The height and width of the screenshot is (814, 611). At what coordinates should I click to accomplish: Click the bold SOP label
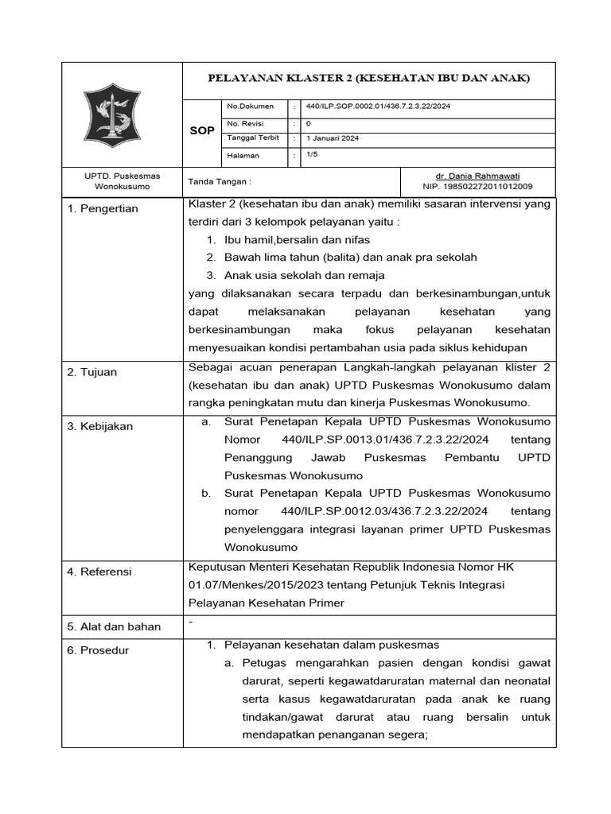(x=202, y=130)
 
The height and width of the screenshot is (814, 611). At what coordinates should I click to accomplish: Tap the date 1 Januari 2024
(x=333, y=138)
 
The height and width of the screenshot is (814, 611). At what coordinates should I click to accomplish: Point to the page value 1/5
(x=312, y=155)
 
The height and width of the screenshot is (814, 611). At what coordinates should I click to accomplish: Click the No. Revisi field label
(x=245, y=123)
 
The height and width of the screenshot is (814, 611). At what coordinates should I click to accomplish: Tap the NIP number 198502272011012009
(x=488, y=186)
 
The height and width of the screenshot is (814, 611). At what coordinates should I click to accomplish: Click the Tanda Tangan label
(x=220, y=181)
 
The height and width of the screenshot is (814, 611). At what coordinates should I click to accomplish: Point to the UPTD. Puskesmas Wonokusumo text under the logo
(x=122, y=180)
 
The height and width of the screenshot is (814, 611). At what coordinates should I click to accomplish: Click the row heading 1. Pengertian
(x=103, y=209)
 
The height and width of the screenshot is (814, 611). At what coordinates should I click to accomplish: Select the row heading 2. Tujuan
(x=93, y=372)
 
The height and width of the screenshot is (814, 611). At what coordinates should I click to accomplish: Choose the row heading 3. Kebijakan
(x=100, y=426)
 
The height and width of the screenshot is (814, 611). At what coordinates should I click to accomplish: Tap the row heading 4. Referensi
(x=100, y=572)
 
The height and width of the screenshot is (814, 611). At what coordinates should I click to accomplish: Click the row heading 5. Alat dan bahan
(x=114, y=626)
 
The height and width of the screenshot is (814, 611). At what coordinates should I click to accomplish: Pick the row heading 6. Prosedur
(x=99, y=650)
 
